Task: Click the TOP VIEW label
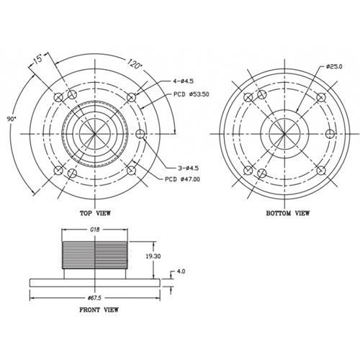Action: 95,213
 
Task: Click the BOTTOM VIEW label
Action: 288,213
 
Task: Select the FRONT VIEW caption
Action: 99,310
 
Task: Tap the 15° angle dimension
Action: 37,59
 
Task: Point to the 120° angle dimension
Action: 134,63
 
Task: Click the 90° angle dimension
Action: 12,119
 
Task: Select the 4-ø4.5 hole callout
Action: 184,81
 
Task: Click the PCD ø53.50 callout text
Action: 192,94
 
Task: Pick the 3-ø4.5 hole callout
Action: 189,168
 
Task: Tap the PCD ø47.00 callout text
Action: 182,179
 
